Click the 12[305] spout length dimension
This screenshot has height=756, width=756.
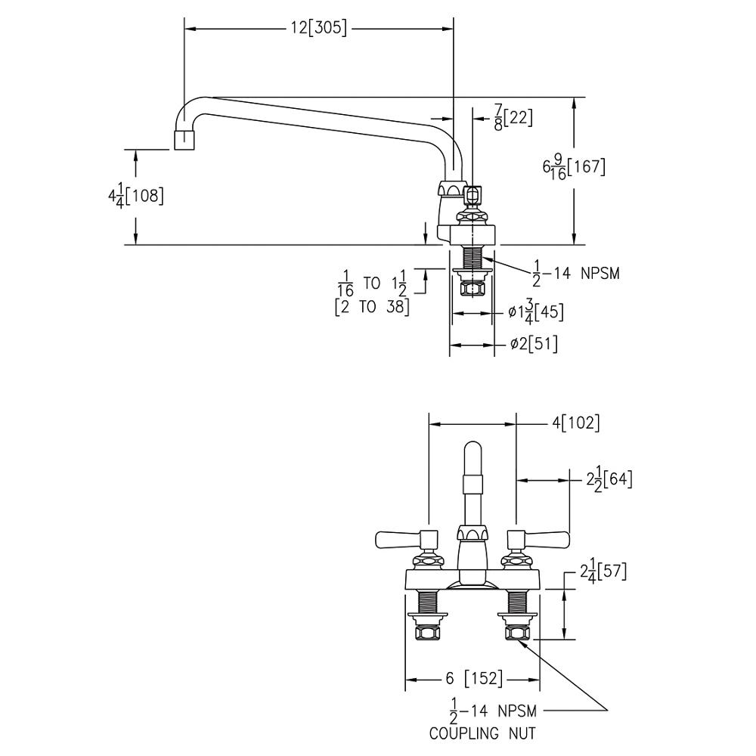coord(319,28)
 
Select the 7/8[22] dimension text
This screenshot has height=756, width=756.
coord(513,118)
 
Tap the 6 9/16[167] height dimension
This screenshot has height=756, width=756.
coord(574,167)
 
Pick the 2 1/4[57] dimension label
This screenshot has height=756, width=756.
coord(606,572)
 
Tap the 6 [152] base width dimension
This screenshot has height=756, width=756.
coord(473,679)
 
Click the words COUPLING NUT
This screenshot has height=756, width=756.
coord(483,733)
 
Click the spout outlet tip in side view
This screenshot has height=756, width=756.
coord(184,141)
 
